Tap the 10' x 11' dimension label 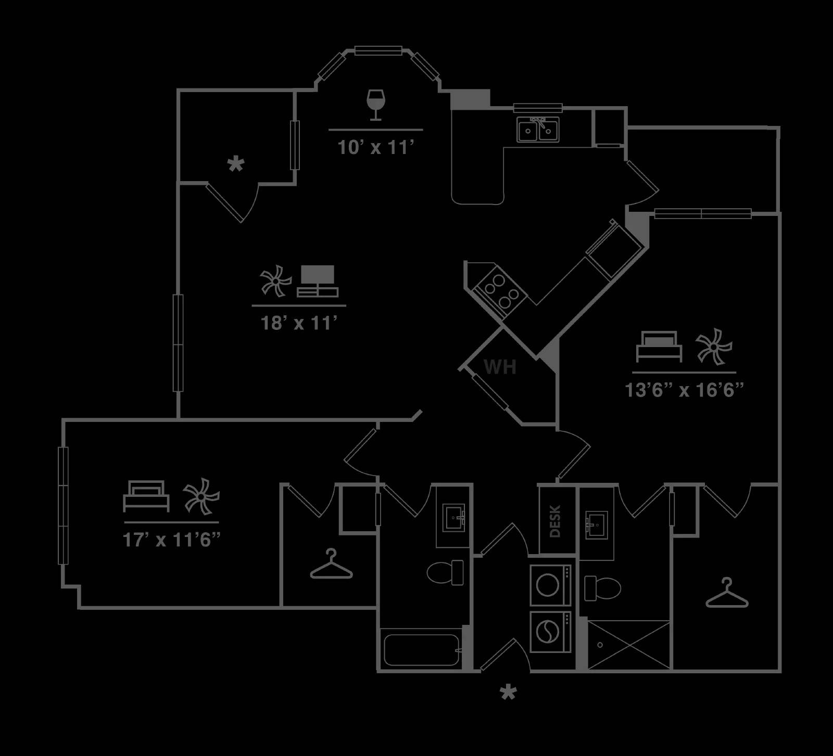click(375, 148)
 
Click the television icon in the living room click(318, 281)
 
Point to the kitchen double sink click(538, 129)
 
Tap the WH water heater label click(500, 367)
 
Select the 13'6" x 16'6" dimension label click(684, 390)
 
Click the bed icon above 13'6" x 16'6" click(659, 347)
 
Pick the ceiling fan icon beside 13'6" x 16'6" click(714, 346)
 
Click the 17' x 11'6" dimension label click(172, 540)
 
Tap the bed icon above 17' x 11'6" click(146, 496)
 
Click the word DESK click(556, 521)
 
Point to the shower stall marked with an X click(628, 645)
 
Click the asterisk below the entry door click(508, 693)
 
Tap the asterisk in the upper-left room click(236, 165)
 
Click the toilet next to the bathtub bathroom click(445, 572)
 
